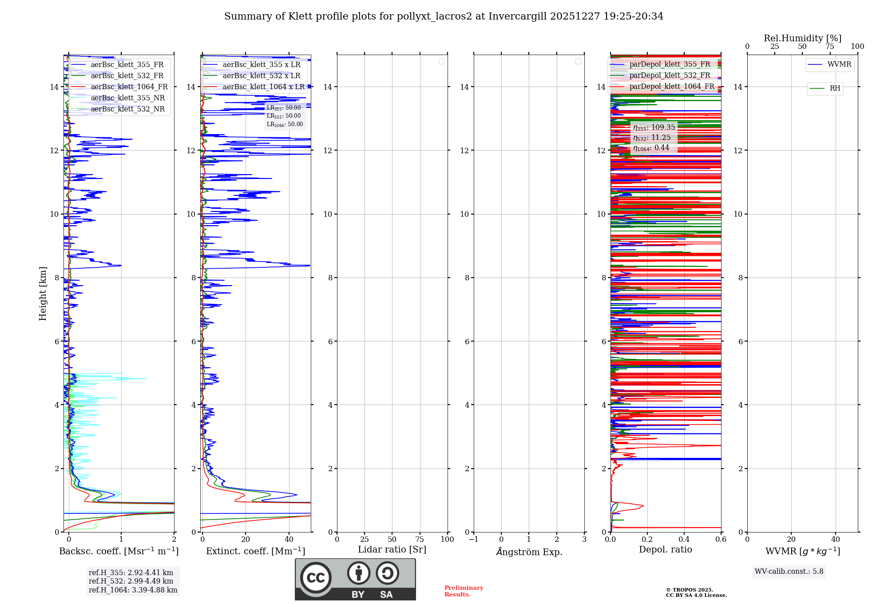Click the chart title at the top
[x=444, y=16]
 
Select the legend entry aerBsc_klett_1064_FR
[x=129, y=87]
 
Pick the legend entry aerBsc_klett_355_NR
[x=127, y=98]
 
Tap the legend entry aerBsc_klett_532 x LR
[x=261, y=75]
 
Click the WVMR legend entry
[x=839, y=64]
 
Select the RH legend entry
[x=834, y=88]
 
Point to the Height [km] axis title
[x=43, y=294]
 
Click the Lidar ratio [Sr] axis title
[x=392, y=549]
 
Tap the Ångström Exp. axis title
[x=529, y=552]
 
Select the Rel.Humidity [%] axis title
[x=802, y=38]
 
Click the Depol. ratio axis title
[x=665, y=549]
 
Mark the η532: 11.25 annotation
[x=652, y=138]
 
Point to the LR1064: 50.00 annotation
[x=285, y=124]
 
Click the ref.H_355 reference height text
[x=131, y=572]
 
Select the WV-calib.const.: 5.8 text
[x=789, y=571]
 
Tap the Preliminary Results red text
[x=464, y=591]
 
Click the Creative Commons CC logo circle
[x=316, y=577]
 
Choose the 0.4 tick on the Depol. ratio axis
[x=684, y=539]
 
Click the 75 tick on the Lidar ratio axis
[x=420, y=539]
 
